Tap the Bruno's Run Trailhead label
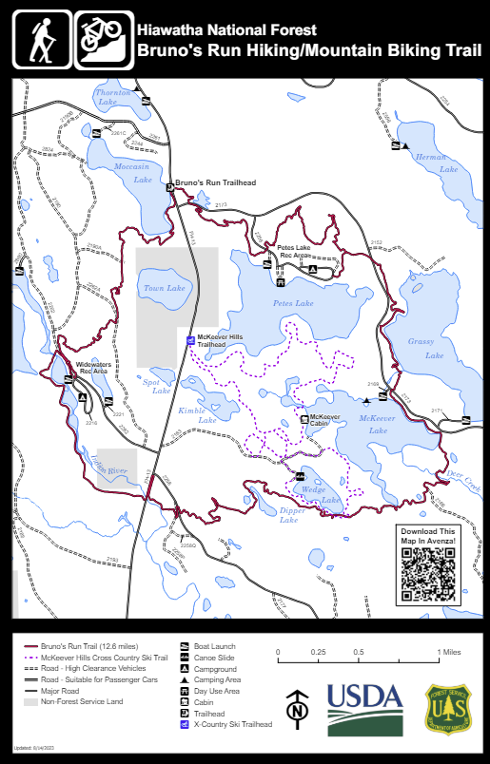click(x=216, y=181)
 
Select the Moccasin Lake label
click(x=133, y=173)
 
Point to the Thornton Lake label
click(x=114, y=96)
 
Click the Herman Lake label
click(x=431, y=162)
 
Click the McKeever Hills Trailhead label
click(x=220, y=340)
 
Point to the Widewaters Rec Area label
click(x=93, y=367)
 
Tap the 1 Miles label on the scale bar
click(x=450, y=652)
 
